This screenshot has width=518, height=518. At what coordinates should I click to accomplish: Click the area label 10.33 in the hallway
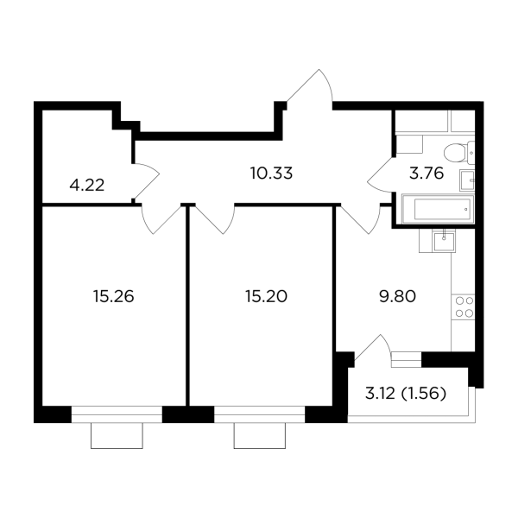pyautogui.click(x=271, y=174)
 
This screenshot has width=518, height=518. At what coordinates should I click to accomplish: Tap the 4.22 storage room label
pyautogui.click(x=87, y=185)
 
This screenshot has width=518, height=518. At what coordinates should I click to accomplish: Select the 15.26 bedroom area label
pyautogui.click(x=114, y=296)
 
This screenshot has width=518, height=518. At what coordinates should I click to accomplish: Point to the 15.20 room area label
pyautogui.click(x=266, y=296)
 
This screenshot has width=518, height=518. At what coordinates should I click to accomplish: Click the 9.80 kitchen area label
pyautogui.click(x=397, y=296)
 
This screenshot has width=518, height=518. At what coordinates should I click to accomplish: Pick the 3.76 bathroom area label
pyautogui.click(x=426, y=174)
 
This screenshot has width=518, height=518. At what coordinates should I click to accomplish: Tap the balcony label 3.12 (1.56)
pyautogui.click(x=406, y=394)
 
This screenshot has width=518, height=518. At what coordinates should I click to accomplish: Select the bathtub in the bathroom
pyautogui.click(x=438, y=209)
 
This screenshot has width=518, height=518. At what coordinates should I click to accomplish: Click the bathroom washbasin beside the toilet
pyautogui.click(x=467, y=180)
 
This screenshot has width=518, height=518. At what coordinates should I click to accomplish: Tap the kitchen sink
pyautogui.click(x=444, y=241)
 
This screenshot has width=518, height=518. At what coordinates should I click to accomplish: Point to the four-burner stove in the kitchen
pyautogui.click(x=464, y=306)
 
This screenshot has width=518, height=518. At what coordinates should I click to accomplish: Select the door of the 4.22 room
pyautogui.click(x=147, y=181)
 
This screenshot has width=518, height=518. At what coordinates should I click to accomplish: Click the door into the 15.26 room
pyautogui.click(x=162, y=219)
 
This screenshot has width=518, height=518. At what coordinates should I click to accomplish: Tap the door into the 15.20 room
pyautogui.click(x=215, y=219)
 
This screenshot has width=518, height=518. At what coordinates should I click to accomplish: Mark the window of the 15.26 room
pyautogui.click(x=117, y=414)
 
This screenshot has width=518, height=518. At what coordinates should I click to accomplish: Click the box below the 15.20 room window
pyautogui.click(x=260, y=436)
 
